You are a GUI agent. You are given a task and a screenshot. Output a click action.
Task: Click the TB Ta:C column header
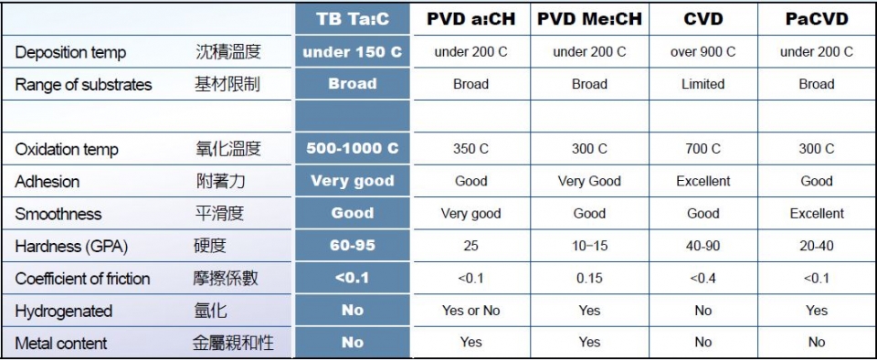[352, 19]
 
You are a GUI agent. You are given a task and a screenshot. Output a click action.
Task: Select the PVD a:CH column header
[470, 19]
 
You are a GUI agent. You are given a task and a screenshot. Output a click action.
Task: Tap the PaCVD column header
[816, 19]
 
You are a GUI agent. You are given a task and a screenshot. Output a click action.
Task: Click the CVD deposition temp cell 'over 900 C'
[703, 52]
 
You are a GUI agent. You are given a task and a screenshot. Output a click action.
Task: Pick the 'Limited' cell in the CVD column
[703, 84]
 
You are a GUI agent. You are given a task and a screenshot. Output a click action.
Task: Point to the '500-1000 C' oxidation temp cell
[352, 148]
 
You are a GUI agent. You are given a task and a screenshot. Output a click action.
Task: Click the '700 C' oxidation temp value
[703, 149]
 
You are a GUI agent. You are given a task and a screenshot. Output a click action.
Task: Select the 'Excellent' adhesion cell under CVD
[703, 181]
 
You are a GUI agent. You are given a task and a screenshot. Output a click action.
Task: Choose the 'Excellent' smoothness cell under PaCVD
[816, 214]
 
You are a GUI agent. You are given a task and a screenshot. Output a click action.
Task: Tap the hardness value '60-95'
[352, 246]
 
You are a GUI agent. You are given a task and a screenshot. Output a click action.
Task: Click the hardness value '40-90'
[703, 246]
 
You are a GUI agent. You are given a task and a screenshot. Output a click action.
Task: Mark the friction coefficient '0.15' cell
[589, 279]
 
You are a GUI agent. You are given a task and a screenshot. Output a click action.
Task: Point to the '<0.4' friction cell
[703, 279]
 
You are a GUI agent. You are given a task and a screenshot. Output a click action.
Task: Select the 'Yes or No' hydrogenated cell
[470, 311]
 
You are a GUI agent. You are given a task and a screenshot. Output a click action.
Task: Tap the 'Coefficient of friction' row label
[82, 279]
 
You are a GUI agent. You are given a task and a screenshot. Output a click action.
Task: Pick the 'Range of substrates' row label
[83, 85]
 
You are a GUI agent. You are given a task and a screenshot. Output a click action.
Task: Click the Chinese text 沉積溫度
[228, 52]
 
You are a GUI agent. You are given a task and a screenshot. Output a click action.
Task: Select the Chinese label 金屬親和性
[233, 344]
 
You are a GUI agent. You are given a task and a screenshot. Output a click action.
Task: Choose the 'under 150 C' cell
[352, 52]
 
